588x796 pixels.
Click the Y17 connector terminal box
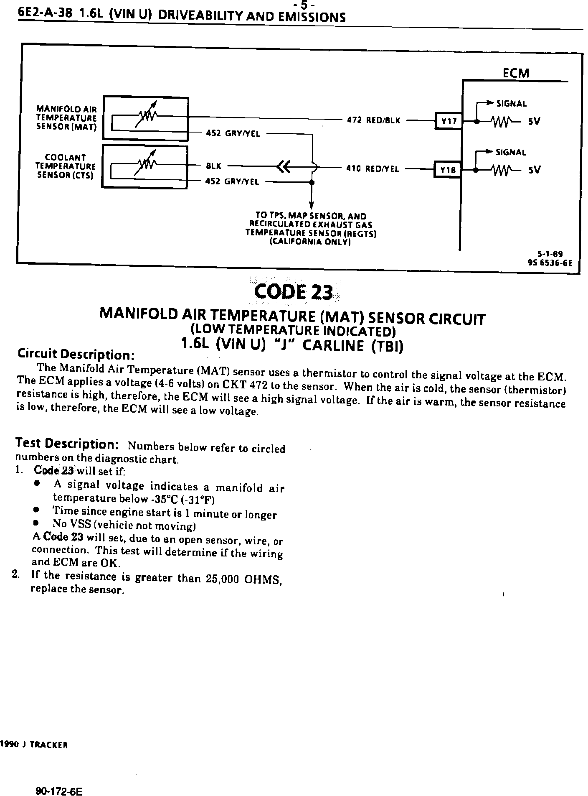click(x=449, y=121)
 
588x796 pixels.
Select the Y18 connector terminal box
click(x=447, y=170)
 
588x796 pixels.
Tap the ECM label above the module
click(x=516, y=74)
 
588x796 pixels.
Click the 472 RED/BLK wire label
click(x=373, y=120)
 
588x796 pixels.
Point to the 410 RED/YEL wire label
click(x=373, y=169)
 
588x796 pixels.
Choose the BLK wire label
click(x=213, y=166)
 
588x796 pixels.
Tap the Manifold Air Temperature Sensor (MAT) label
click(x=66, y=118)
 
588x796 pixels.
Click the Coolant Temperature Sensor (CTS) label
click(x=65, y=166)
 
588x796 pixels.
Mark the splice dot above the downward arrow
click(x=311, y=182)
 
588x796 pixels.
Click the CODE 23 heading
click(x=294, y=292)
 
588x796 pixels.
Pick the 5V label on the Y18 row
click(x=534, y=170)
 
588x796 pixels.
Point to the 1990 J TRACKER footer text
click(x=34, y=745)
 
